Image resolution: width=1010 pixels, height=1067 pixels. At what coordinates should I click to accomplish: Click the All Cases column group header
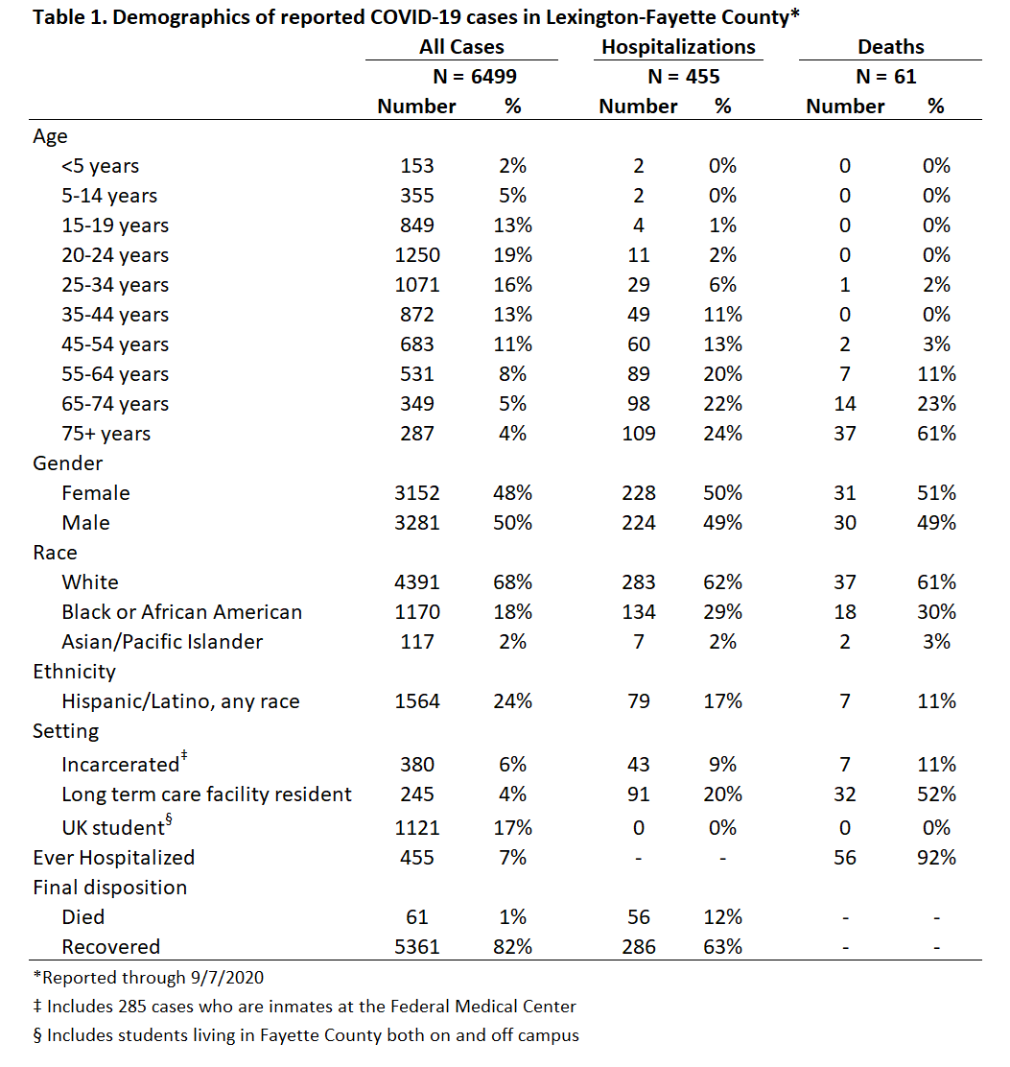click(x=461, y=47)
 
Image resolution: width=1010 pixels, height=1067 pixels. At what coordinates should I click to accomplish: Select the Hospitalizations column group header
click(x=678, y=47)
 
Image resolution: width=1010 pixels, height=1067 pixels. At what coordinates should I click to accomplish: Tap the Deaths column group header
click(x=891, y=47)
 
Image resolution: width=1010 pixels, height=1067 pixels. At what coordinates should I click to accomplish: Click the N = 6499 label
click(x=475, y=76)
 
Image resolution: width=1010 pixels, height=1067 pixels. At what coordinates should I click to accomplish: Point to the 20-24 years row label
click(x=115, y=255)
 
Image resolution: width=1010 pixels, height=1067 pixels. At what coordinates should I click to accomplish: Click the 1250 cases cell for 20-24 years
click(x=417, y=254)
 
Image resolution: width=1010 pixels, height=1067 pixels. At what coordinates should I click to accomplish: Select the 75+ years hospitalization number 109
click(x=639, y=434)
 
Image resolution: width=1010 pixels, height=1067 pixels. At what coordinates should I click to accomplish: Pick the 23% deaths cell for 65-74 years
click(x=936, y=404)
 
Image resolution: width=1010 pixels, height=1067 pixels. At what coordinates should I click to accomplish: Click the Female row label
click(x=96, y=492)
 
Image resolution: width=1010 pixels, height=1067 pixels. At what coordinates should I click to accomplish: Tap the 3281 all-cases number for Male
click(x=417, y=523)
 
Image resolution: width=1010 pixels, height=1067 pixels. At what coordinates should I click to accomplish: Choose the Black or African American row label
click(x=181, y=612)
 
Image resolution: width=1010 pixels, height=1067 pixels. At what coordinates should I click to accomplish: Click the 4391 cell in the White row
click(x=417, y=581)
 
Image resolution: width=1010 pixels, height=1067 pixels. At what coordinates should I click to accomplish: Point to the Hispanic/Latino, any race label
click(x=180, y=701)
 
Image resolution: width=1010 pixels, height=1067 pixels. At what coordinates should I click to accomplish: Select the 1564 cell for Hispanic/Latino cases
click(x=417, y=700)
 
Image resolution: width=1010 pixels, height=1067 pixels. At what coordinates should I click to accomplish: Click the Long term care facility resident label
click(x=207, y=794)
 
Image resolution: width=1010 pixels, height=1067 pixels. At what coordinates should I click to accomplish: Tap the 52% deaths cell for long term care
click(x=936, y=794)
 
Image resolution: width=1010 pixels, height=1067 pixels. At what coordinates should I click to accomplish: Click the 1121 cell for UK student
click(x=417, y=827)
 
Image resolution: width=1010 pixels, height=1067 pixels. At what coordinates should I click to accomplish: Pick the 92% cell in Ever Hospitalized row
click(x=936, y=858)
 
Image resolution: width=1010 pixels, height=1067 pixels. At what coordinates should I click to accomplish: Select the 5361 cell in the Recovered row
click(x=417, y=946)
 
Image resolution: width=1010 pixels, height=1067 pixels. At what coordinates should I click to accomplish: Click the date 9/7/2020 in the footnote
click(x=227, y=978)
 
